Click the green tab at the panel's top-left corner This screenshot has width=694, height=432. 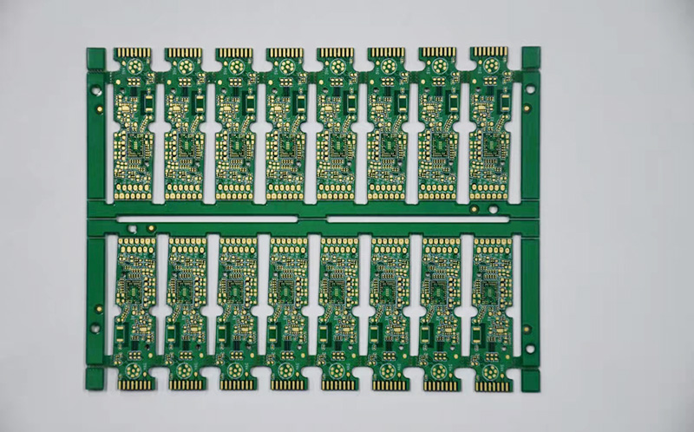tap(96, 57)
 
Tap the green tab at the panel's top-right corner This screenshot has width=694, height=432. tap(530, 57)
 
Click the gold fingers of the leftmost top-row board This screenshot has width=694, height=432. tap(133, 53)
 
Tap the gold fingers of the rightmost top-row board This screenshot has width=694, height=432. tap(488, 52)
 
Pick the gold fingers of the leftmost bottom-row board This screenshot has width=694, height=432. tap(134, 383)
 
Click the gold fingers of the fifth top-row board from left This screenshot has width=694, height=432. tap(335, 53)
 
